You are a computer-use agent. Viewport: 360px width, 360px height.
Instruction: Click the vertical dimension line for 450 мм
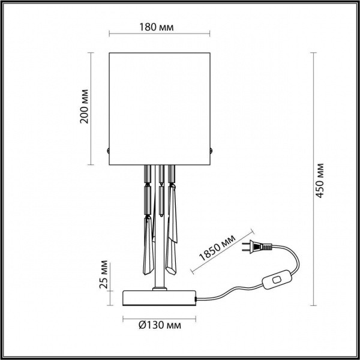313,180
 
